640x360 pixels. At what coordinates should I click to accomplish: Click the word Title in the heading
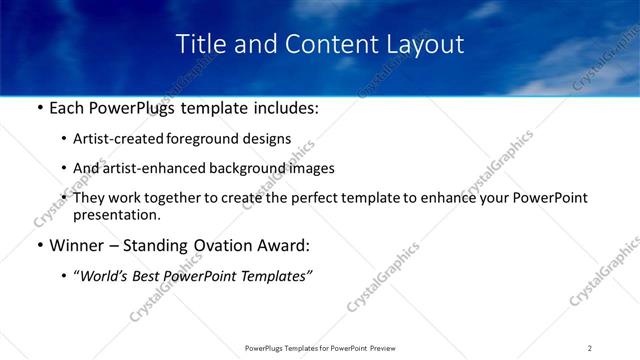pyautogui.click(x=200, y=44)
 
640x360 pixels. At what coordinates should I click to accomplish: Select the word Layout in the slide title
pyautogui.click(x=424, y=44)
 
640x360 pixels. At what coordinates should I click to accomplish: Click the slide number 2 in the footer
pyautogui.click(x=590, y=347)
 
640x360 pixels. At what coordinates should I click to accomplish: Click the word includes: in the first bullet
pyautogui.click(x=284, y=106)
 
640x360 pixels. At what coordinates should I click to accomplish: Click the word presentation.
pyautogui.click(x=116, y=214)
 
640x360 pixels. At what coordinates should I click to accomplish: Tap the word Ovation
pyautogui.click(x=211, y=245)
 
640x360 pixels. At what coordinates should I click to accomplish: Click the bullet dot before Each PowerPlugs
pyautogui.click(x=38, y=107)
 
